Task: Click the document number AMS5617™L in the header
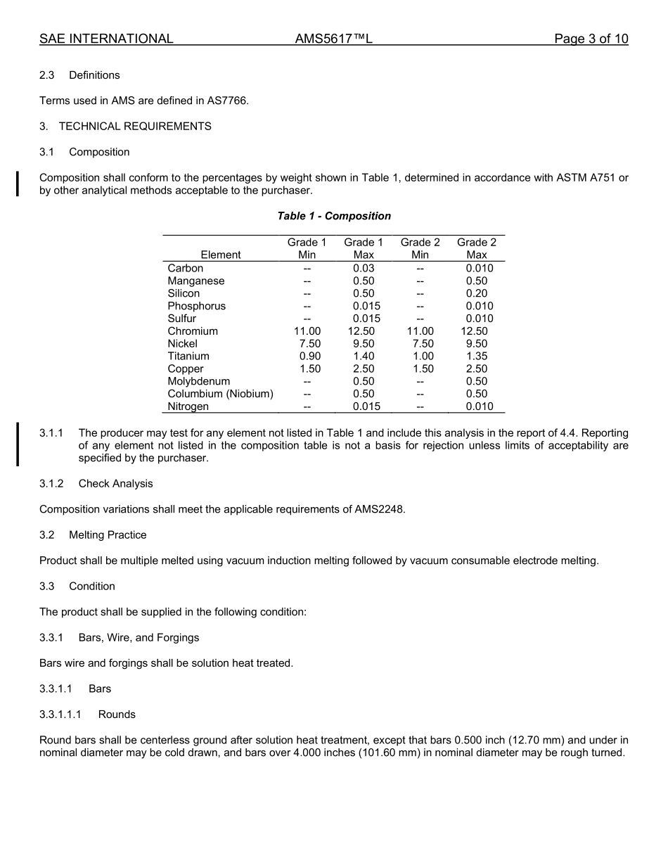coord(333,39)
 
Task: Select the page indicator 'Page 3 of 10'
coord(591,39)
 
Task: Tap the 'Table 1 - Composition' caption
coord(334,216)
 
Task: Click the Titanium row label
coord(188,357)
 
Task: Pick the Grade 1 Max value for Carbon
coord(364,268)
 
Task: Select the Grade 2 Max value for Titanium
coord(477,357)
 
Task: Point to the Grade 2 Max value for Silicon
coord(477,293)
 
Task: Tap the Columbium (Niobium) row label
coord(220,394)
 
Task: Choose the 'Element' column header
coord(220,255)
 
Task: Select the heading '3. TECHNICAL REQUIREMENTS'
coord(125,127)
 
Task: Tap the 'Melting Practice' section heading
coord(108,535)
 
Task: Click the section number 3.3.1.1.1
coord(60,715)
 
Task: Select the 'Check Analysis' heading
coord(115,484)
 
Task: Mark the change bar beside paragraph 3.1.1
coord(18,444)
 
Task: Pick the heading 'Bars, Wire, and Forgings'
coord(139,638)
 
